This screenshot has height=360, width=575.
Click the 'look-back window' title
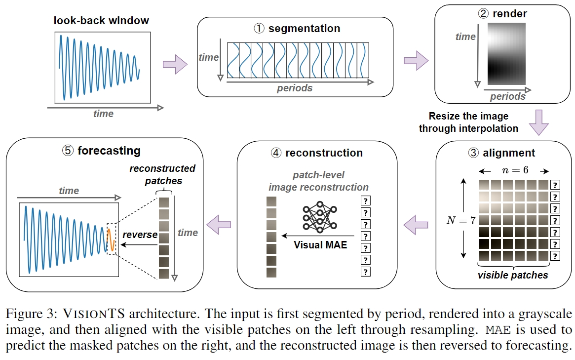pyautogui.click(x=101, y=21)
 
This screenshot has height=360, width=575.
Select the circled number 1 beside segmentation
pyautogui.click(x=259, y=28)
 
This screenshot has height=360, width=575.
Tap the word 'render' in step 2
pyautogui.click(x=510, y=13)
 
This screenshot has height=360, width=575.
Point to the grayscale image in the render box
pyautogui.click(x=506, y=54)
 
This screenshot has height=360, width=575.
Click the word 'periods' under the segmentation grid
pyautogui.click(x=295, y=88)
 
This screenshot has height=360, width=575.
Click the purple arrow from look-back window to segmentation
pyautogui.click(x=175, y=65)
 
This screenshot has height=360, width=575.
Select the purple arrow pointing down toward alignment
pyautogui.click(x=538, y=122)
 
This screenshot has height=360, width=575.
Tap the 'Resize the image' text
pyautogui.click(x=469, y=116)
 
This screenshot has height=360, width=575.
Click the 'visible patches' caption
pyautogui.click(x=513, y=275)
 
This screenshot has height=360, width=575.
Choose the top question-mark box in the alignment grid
pyautogui.click(x=555, y=185)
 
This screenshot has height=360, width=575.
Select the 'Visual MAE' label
pyautogui.click(x=320, y=245)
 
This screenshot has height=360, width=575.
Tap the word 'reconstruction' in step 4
pyautogui.click(x=324, y=153)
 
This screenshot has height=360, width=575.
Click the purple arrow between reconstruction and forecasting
pyautogui.click(x=219, y=224)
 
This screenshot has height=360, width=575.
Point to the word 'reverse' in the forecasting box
pyautogui.click(x=140, y=235)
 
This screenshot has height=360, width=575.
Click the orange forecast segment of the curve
pyautogui.click(x=111, y=240)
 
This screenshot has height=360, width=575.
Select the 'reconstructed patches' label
pyautogui.click(x=162, y=175)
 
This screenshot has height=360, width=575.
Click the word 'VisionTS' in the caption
pyautogui.click(x=94, y=314)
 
